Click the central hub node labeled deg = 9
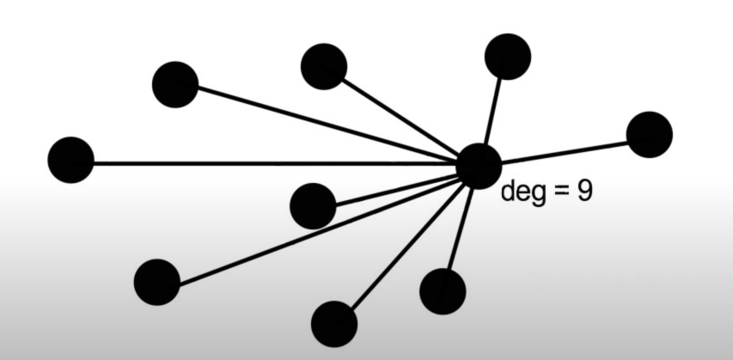click(479, 166)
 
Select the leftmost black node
click(70, 160)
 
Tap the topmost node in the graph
click(507, 57)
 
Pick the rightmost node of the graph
click(649, 135)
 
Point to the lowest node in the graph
click(333, 323)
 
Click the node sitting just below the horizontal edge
click(313, 205)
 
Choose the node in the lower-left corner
click(157, 281)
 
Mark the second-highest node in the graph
click(324, 66)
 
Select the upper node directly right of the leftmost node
click(174, 84)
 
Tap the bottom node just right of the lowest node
click(443, 290)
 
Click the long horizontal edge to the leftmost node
click(258, 162)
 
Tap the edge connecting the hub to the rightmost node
click(567, 150)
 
